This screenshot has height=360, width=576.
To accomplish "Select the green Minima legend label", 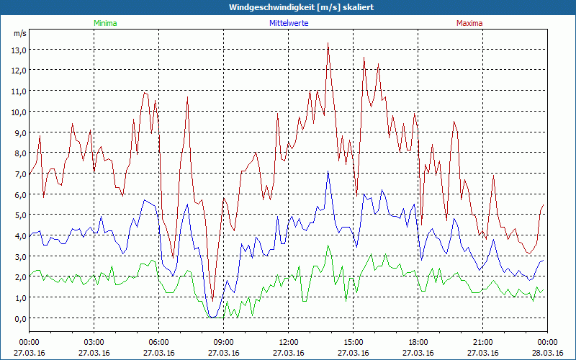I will (x=104, y=23).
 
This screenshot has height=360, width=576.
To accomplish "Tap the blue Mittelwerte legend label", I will (x=288, y=23).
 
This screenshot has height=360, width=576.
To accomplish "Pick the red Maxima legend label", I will (x=469, y=23).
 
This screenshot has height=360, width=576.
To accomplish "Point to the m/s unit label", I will (x=19, y=33).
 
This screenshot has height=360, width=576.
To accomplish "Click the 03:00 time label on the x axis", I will (x=94, y=341).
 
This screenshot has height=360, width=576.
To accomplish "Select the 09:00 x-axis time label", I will (x=224, y=341).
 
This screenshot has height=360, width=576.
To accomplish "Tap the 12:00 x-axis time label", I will (x=289, y=341).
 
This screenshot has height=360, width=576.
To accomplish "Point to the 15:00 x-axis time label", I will (x=354, y=341).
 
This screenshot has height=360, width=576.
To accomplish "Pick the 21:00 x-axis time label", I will (x=483, y=341).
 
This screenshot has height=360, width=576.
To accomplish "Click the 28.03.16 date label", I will (x=548, y=352).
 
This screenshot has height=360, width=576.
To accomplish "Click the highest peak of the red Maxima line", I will (x=328, y=43).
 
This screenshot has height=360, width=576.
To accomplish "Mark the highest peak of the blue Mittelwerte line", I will (x=328, y=171).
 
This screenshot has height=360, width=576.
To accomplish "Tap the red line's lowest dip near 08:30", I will (x=212, y=300).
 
